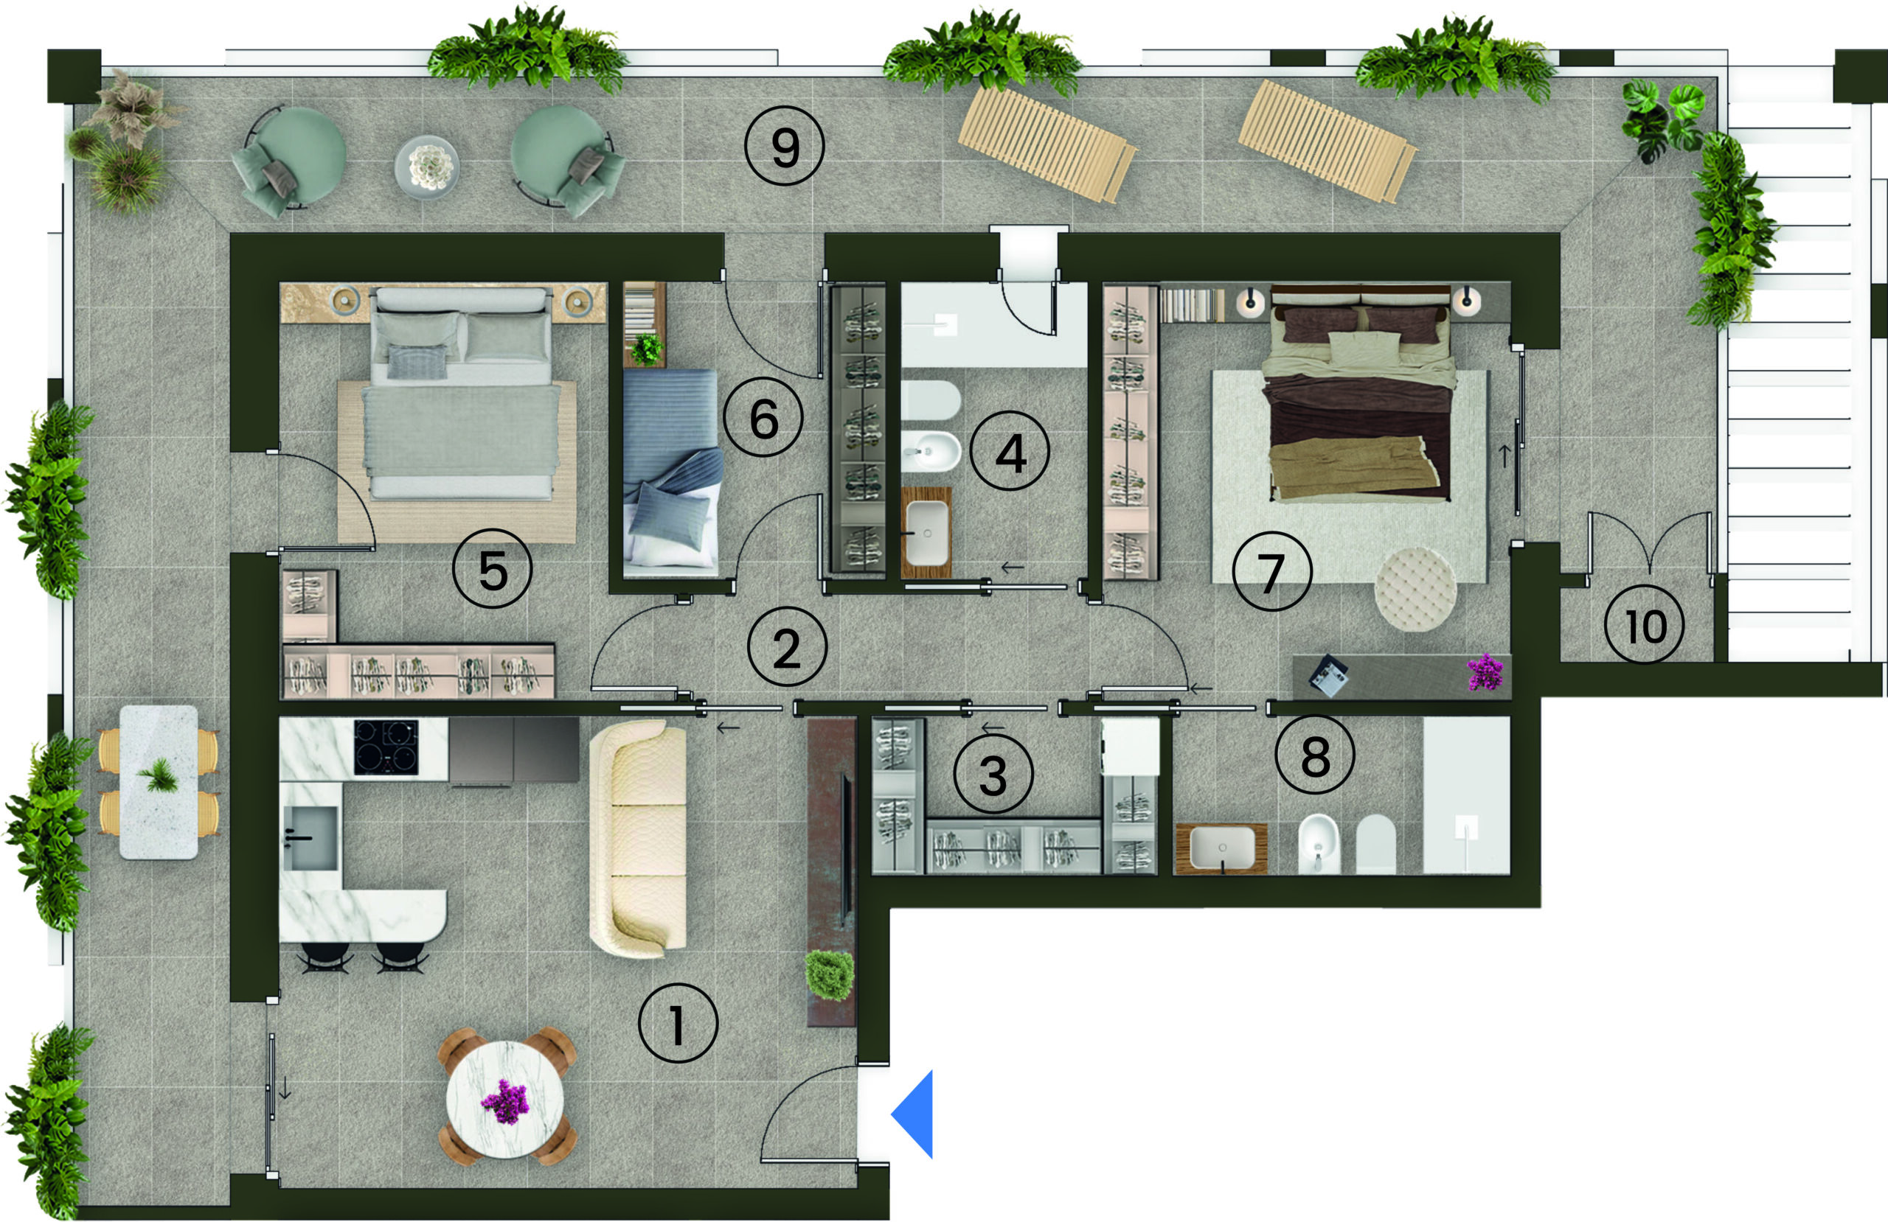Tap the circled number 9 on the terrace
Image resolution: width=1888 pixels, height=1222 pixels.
(785, 146)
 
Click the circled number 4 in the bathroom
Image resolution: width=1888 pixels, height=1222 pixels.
(1010, 453)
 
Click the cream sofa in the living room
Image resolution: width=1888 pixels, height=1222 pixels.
(638, 838)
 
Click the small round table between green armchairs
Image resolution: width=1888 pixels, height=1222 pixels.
(427, 167)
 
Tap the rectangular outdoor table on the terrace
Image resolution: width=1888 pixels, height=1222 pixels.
(159, 782)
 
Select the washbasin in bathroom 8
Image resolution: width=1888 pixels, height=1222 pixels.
(1221, 848)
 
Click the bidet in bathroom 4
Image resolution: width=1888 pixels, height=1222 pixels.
(931, 451)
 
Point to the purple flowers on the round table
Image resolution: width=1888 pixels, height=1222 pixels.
(504, 1101)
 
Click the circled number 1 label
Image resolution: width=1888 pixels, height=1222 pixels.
(678, 1023)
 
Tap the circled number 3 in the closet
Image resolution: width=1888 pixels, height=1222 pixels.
(993, 774)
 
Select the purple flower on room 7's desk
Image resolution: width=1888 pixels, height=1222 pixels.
(1485, 671)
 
